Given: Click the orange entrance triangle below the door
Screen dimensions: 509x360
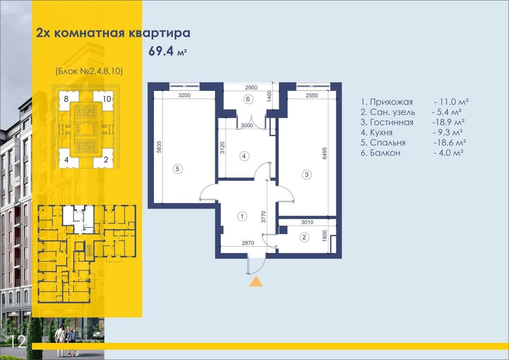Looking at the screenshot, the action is tap(256, 282).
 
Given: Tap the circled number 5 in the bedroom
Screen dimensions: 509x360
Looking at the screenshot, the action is tap(177, 169).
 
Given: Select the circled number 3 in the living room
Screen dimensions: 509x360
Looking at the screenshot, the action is tap(307, 175).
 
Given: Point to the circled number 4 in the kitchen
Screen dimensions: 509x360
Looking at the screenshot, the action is tap(244, 156).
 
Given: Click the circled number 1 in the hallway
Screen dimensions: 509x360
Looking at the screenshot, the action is tap(242, 216).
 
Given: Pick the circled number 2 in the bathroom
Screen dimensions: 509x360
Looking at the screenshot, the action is tap(304, 237).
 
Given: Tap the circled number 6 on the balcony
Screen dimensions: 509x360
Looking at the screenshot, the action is tap(248, 99).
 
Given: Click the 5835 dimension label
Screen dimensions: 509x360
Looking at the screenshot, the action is tap(159, 147).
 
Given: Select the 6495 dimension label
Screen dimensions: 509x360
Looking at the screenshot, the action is tap(325, 153).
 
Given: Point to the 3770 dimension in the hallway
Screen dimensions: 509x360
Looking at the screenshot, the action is tap(264, 217).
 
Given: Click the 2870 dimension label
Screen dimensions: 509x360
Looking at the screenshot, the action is tap(248, 243).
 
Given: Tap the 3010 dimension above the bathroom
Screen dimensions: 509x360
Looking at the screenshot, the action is tap(307, 222).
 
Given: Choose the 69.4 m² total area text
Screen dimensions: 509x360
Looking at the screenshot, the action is tap(168, 51).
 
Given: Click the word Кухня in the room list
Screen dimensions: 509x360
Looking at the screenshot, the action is tap(381, 133).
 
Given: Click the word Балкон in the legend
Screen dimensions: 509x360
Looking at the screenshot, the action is tap(385, 153).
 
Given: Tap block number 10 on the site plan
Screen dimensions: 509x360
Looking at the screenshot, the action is tap(107, 99).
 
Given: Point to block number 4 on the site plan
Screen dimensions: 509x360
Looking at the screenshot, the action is tap(66, 160).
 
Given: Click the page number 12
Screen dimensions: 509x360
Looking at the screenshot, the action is tap(18, 341).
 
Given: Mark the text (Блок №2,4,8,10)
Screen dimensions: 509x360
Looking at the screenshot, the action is tap(89, 71).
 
